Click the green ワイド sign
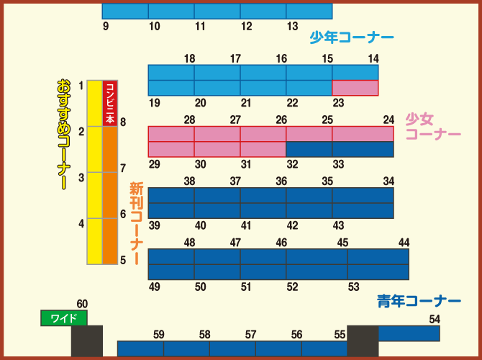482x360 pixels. pyautogui.click(x=63, y=318)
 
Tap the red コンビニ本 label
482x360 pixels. pyautogui.click(x=110, y=103)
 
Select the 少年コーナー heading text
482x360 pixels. pyautogui.click(x=352, y=37)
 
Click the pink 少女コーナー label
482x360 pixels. pyautogui.click(x=432, y=126)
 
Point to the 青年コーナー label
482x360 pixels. pyautogui.click(x=419, y=300)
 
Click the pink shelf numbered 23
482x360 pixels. pyautogui.click(x=355, y=88)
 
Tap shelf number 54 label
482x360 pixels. pyautogui.click(x=435, y=319)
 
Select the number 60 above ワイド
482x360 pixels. pyautogui.click(x=82, y=304)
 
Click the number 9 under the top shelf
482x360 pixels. pyautogui.click(x=106, y=27)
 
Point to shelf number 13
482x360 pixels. pyautogui.click(x=292, y=27)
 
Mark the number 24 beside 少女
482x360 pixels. pyautogui.click(x=388, y=120)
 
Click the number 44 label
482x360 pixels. pyautogui.click(x=404, y=243)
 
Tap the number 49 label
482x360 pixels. pyautogui.click(x=154, y=287)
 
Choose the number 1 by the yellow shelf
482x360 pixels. pyautogui.click(x=81, y=86)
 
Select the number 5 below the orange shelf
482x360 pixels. pyautogui.click(x=123, y=260)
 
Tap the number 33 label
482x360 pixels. pyautogui.click(x=338, y=164)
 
